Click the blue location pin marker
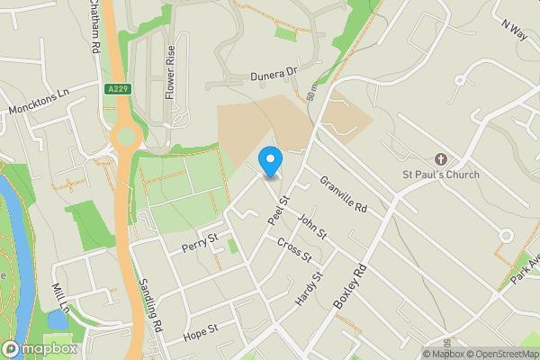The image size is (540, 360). coord(270,161)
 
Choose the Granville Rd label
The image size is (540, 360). coord(344,194)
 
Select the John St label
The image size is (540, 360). coord(311,225)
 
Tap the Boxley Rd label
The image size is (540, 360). coord(351,286)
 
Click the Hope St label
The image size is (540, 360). coord(201,331)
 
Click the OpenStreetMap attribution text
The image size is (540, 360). coord(501,354)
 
